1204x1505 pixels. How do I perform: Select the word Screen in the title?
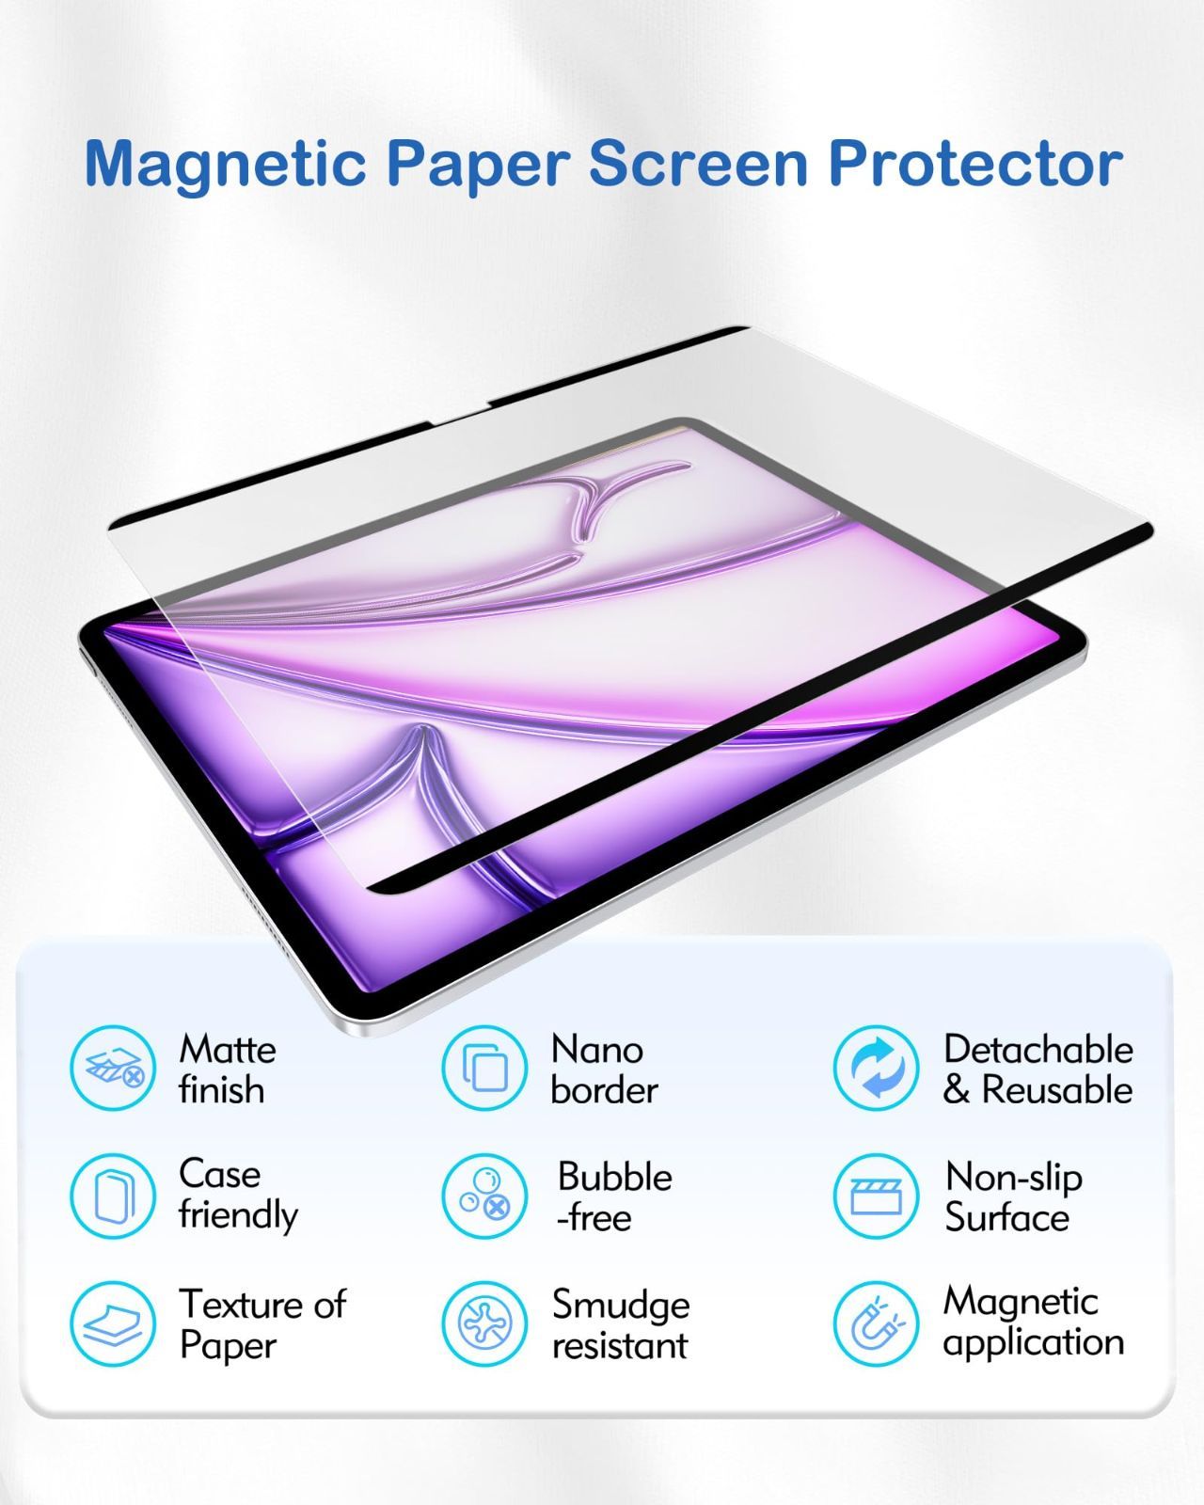tap(699, 164)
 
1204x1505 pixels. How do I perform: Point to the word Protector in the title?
tap(976, 164)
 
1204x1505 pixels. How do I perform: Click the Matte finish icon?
tap(113, 1068)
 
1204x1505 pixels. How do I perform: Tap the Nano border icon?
tap(484, 1068)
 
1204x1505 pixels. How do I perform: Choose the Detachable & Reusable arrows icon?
tap(876, 1068)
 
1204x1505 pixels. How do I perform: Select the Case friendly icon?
tap(113, 1196)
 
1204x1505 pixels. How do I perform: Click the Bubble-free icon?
tap(484, 1196)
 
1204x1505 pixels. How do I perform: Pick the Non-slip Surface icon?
tap(876, 1196)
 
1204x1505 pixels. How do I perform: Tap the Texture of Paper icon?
tap(113, 1323)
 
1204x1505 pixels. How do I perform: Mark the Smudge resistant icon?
tap(484, 1323)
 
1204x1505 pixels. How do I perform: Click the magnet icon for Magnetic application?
tap(876, 1323)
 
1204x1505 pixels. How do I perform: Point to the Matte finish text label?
tap(228, 1070)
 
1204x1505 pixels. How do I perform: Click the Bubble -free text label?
tap(614, 1197)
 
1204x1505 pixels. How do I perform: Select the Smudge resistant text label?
tap(621, 1325)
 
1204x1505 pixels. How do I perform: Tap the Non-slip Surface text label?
tap(1014, 1197)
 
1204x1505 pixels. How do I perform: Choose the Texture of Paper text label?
tap(262, 1325)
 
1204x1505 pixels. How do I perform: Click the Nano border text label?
tap(605, 1070)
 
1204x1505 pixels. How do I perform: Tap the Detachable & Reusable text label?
tap(1038, 1070)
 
